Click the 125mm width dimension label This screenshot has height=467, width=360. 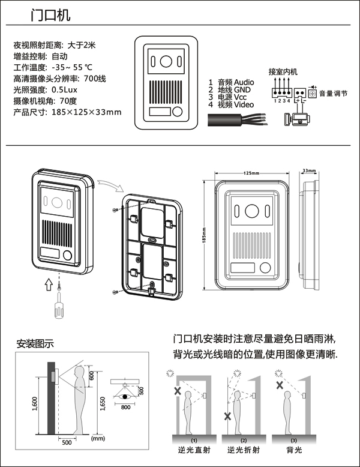point(251,173)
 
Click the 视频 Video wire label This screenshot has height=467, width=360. point(235,104)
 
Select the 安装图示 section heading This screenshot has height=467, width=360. point(35,344)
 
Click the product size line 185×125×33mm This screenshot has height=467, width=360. point(67,112)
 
